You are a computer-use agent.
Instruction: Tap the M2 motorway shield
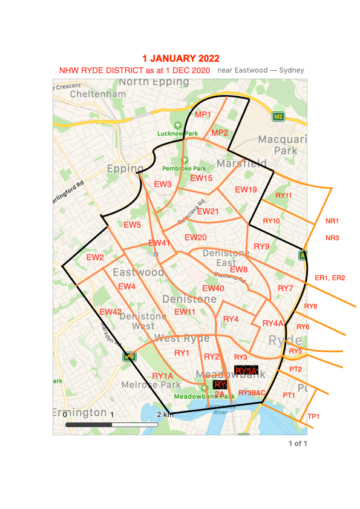pos(278,116)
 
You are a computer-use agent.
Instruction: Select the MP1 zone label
pos(203,114)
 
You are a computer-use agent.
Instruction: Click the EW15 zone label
pos(201,179)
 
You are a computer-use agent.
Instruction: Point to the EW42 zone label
pos(111,312)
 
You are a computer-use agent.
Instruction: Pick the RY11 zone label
pos(284,195)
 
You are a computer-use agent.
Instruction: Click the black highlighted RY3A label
pos(246,370)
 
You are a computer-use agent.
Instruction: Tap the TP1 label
pos(314,416)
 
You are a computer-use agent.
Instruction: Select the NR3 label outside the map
pos(332,238)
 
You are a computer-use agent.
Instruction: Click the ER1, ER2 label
pos(330,278)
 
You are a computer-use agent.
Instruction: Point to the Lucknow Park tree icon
pos(177,126)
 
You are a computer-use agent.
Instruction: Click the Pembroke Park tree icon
pos(185,160)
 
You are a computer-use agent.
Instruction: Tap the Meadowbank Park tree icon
pos(204,388)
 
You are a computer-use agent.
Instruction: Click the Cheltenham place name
pos(98,94)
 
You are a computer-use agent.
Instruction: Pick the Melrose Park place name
pos(143,385)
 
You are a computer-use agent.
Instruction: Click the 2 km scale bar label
pos(165,415)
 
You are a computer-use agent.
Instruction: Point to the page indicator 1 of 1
pos(298,444)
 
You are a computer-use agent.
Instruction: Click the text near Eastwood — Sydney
pos(260,71)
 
